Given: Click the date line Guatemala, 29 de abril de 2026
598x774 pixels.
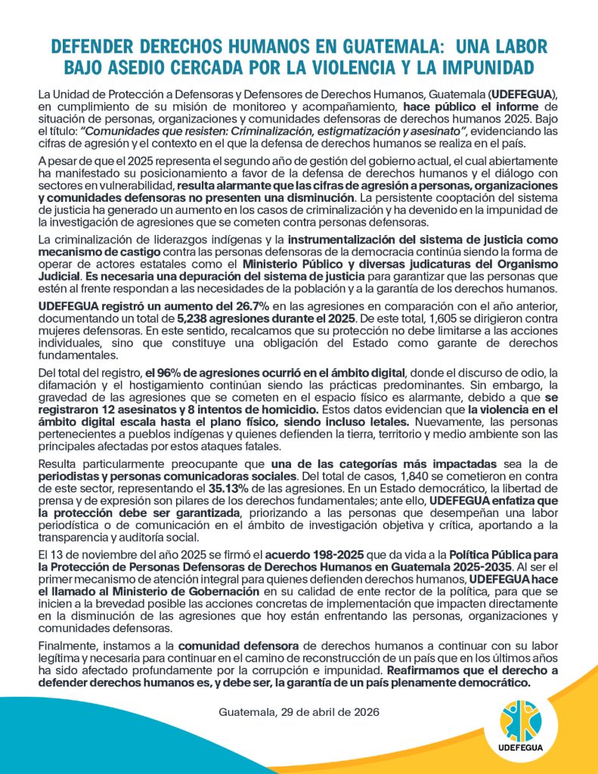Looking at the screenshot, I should pos(299,713).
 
